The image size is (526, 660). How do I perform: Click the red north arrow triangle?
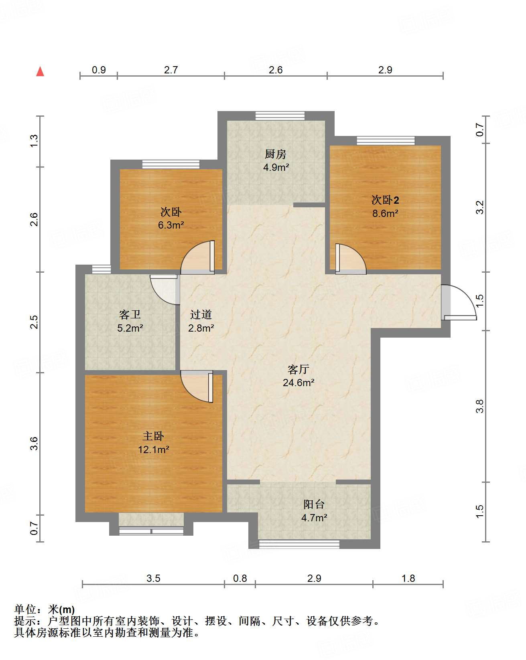(x=40, y=72)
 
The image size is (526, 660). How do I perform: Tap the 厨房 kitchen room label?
(x=276, y=154)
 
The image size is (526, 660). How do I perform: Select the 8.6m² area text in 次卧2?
(x=385, y=213)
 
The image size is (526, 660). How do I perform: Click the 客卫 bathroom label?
(x=130, y=315)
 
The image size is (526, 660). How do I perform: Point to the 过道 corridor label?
(x=201, y=315)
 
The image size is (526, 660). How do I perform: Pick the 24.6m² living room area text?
(x=298, y=383)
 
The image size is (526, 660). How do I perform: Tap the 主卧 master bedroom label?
(x=153, y=436)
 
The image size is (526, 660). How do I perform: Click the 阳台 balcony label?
(x=314, y=504)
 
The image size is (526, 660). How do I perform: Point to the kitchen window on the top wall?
(x=280, y=116)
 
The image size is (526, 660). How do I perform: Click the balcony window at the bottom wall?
(x=299, y=544)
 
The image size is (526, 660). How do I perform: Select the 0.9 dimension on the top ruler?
(x=99, y=70)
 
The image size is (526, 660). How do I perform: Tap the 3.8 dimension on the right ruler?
(x=480, y=406)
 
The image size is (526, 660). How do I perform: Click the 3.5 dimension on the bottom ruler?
(x=153, y=578)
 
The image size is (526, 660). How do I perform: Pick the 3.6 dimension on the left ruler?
(x=35, y=443)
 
